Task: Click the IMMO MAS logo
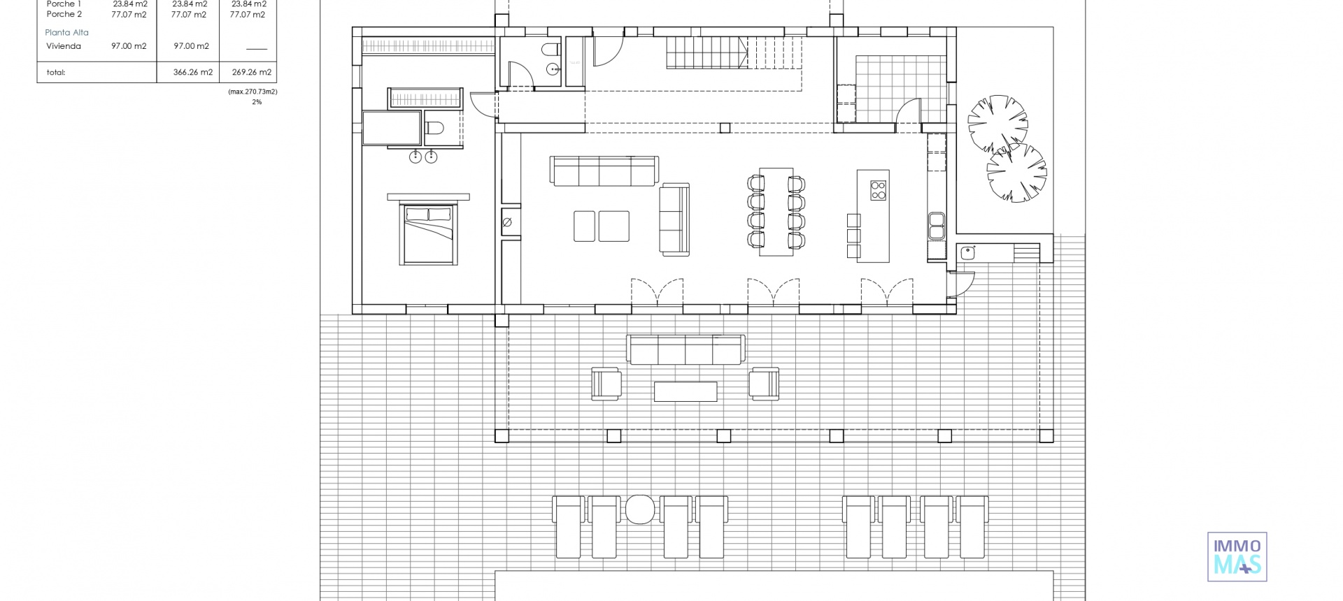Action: tap(1237, 556)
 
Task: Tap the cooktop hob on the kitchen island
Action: tap(878, 190)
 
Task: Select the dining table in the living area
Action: tap(776, 212)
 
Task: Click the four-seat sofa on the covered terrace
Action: tap(685, 349)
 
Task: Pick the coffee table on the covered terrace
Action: tap(685, 391)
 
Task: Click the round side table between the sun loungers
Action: tap(639, 509)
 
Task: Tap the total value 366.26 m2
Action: tap(193, 72)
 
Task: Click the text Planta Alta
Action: tap(67, 33)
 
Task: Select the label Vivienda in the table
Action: tap(64, 46)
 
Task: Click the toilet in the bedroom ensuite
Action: tap(434, 129)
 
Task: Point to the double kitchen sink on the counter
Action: tap(936, 225)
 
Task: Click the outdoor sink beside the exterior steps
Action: tap(968, 253)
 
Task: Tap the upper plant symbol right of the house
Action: tap(997, 124)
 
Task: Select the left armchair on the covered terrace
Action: tap(606, 384)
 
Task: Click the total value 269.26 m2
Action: tap(252, 72)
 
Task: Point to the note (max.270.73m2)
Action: tap(253, 92)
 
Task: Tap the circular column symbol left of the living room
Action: tap(507, 222)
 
